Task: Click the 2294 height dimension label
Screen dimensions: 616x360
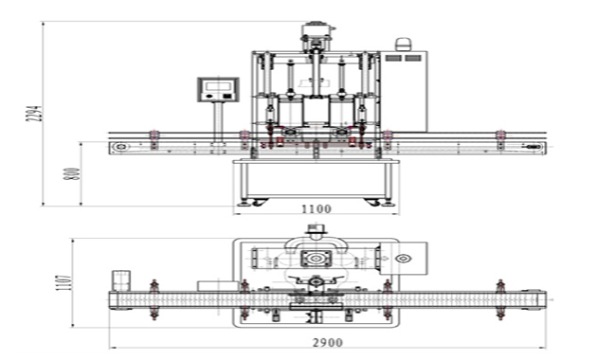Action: [x=34, y=113]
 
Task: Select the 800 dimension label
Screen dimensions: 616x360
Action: [x=72, y=173]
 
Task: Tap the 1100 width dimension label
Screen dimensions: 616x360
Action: [x=317, y=208]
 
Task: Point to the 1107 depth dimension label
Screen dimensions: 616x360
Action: [x=64, y=282]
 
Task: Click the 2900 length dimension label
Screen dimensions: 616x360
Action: [x=328, y=342]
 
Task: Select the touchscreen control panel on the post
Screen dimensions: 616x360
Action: [x=218, y=90]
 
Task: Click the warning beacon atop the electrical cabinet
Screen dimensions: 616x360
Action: [x=403, y=45]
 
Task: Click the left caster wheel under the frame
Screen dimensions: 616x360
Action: [x=259, y=202]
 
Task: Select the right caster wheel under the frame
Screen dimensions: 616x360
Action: [x=372, y=202]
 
